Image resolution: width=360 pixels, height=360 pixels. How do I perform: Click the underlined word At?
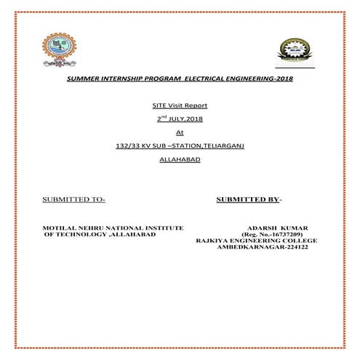180,132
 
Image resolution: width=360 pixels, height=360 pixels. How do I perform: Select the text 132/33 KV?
131,145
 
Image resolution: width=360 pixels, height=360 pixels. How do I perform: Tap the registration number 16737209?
279,235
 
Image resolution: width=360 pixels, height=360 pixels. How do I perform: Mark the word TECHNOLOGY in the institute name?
81,235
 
